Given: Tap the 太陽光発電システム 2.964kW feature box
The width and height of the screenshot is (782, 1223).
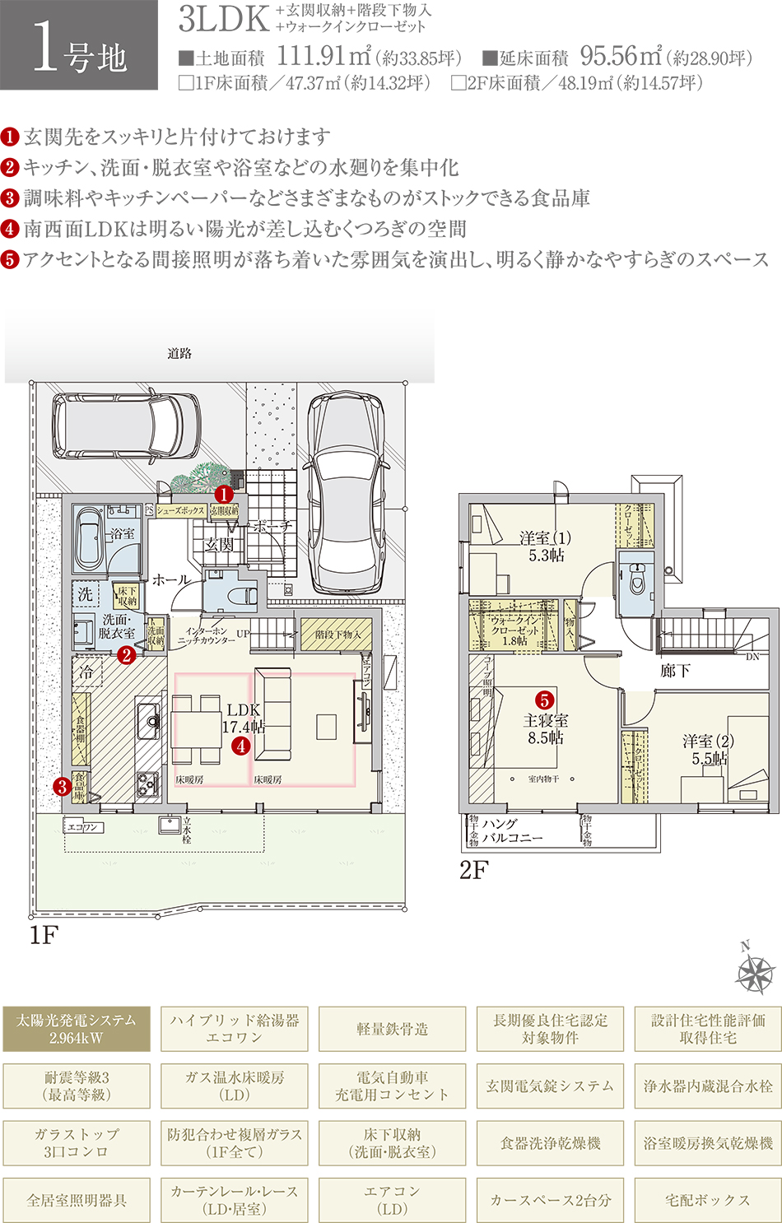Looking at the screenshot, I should click(77, 1029).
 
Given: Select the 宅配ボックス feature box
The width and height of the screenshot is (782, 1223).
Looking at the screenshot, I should click(708, 1200).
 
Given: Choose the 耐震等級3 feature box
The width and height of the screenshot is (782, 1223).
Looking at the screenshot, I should click(77, 1086).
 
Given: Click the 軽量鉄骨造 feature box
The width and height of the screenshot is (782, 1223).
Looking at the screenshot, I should click(392, 1029).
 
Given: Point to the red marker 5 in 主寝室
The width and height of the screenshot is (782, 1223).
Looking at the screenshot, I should click(545, 700).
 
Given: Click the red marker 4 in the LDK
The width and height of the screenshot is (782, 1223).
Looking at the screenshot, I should click(240, 746).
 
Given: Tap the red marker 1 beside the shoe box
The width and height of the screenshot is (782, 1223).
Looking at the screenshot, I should click(222, 495).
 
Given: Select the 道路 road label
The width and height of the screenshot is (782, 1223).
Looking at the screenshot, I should click(179, 353).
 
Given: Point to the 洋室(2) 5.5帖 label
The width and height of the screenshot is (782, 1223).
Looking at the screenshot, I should click(708, 749).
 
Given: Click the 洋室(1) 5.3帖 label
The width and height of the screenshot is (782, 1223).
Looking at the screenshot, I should click(545, 546).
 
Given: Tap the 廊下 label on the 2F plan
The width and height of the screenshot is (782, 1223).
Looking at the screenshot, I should click(675, 671).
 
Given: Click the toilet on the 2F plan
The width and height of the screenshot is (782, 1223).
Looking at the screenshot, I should click(635, 580).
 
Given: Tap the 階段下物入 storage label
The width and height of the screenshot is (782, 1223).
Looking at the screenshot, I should click(337, 635).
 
